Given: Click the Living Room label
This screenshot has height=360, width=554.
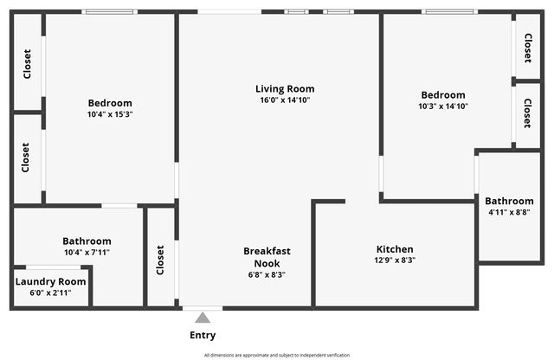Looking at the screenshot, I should pos(284,89).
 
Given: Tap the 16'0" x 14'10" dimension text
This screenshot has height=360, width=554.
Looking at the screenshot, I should pos(284,100).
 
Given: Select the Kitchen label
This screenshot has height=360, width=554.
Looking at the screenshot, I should pos(394,249).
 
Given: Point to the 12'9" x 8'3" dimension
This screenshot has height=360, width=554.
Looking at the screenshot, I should pos(394,260).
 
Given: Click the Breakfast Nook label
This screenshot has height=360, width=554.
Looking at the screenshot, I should pos(267,257).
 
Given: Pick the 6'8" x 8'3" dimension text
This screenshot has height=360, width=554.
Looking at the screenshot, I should pos(267,274).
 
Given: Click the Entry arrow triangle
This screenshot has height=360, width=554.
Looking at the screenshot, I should pos(203,318).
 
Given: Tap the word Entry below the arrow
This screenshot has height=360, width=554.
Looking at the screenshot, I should pos(203,335).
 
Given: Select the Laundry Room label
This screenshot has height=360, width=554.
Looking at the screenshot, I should pos(50,281).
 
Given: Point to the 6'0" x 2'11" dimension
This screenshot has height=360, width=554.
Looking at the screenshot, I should pos(50,292).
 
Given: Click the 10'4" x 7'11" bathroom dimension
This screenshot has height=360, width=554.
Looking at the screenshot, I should pos(87,253).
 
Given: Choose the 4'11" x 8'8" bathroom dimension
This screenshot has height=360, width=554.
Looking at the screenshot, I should pos(509,212).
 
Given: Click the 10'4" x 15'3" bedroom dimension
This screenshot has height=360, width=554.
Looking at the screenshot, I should pos(110,114).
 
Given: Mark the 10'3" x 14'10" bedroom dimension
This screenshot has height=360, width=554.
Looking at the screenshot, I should pos(443,106).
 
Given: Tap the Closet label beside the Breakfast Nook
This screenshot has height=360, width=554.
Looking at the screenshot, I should pos(160,259).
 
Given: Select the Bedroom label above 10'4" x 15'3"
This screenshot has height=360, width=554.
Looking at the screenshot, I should pos(110,103).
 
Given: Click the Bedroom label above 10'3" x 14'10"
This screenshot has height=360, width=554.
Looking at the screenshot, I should pos(443,95).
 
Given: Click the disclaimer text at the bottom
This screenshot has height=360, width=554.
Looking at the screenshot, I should pos(277,355).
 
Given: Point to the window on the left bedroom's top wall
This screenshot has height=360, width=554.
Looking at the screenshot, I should pos(109,11).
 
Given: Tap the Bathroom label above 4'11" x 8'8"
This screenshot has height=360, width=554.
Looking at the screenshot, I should pos(509,201).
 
